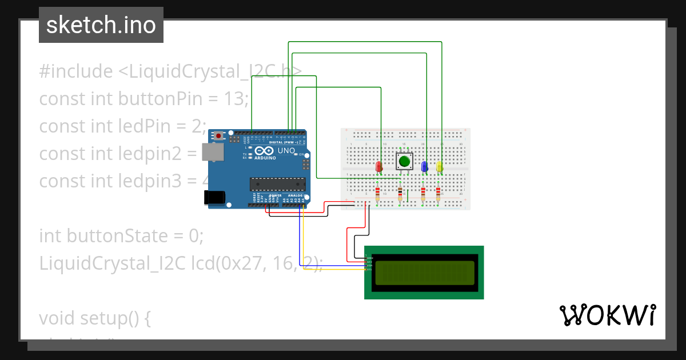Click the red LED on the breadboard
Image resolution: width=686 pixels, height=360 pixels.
point(378,167)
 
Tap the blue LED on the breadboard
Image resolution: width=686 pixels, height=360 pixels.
point(424,166)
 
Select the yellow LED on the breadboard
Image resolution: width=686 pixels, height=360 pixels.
point(440,166)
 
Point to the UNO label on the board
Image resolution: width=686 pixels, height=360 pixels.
point(286,151)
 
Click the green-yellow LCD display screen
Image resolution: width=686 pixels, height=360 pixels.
point(424,273)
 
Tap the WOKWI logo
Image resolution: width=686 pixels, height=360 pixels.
point(607,315)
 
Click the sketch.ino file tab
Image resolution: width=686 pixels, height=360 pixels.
point(101,25)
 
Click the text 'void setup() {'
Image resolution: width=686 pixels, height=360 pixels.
point(95,318)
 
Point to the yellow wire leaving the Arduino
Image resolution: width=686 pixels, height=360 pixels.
point(304,240)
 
